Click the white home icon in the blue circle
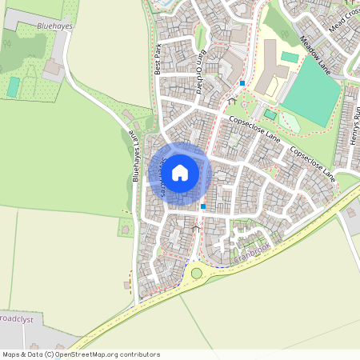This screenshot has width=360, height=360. coord(180,172)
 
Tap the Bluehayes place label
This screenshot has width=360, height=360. coord(54,26)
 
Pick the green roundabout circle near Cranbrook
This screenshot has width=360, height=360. coord(196,274)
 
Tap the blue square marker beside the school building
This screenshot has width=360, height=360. coord(242,82)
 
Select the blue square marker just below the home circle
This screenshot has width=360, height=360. coord(203,206)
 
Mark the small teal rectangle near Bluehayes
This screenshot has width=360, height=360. coord(14,86)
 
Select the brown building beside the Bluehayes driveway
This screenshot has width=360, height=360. coord(54,70)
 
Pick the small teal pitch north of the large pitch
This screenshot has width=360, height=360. coord(289,58)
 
